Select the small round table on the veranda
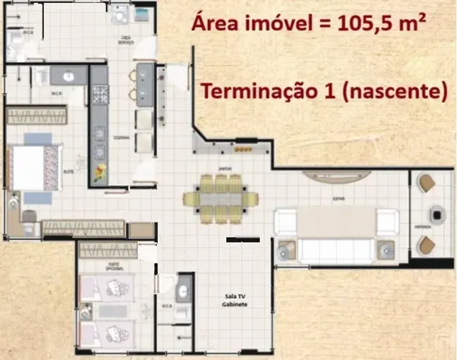(x=435, y=214)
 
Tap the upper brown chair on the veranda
(x=427, y=183)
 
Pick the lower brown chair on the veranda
(x=427, y=246)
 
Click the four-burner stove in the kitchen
(x=99, y=94)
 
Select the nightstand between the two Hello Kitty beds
(x=86, y=312)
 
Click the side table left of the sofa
(x=286, y=250)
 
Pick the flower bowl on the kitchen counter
(x=99, y=171)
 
